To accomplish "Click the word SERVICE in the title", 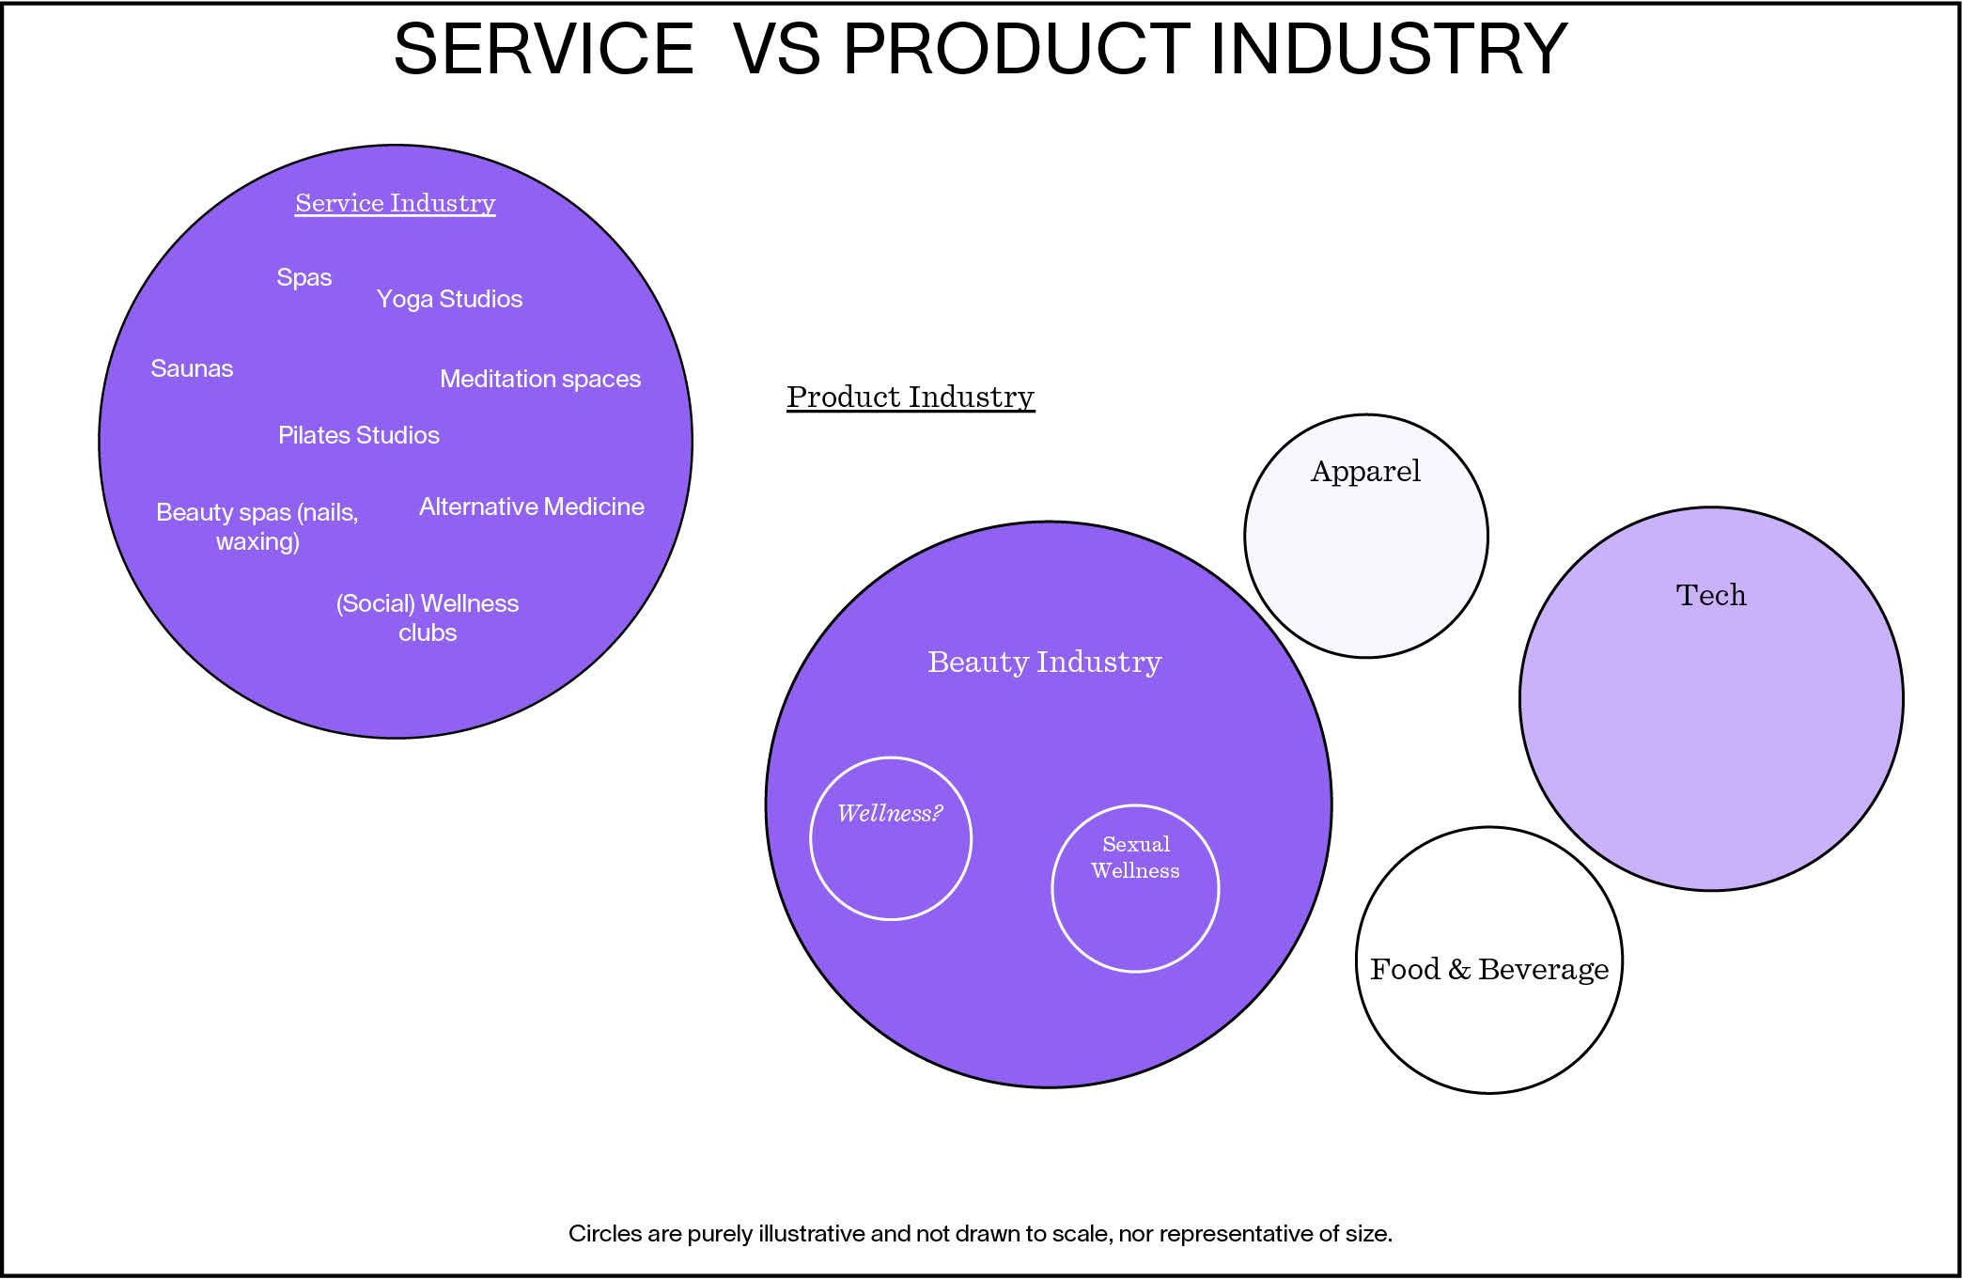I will coord(543,49).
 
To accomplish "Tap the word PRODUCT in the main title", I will coord(1016,49).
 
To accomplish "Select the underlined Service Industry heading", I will coord(395,203).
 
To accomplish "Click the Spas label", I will coord(304,277).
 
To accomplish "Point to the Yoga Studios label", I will coord(449,299).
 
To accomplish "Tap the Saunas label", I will coord(192,368).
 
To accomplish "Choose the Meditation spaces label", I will coord(540,379).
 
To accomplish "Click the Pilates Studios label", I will coord(358,435).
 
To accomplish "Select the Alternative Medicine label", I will coord(531,507).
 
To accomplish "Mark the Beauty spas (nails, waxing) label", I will coord(257,526).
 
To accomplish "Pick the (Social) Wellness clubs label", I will coord(427,617).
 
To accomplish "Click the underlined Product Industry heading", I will coord(910,397).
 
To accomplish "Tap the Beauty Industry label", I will coord(1044,662).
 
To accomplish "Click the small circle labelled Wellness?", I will coord(890,838).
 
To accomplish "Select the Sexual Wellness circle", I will coord(1135,888).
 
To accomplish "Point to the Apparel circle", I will coord(1365,536).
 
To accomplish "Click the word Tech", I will coord(1710,595).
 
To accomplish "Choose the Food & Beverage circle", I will coord(1488,960).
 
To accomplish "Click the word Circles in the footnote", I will coord(603,1233).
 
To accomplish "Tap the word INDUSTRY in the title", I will coord(1389,49).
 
